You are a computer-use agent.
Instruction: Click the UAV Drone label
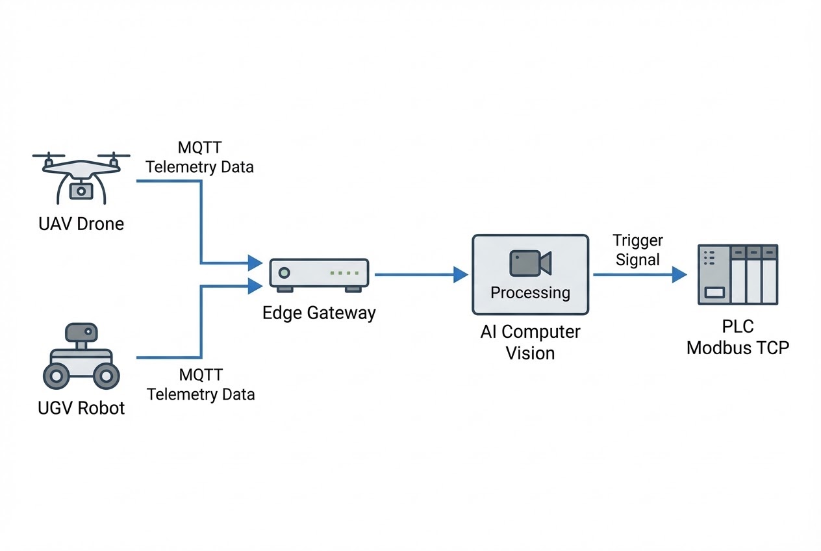81,224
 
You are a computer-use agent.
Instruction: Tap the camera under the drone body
81,190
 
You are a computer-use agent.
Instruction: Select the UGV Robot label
81,408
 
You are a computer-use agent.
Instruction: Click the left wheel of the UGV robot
56,375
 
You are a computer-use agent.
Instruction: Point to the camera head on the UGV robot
81,333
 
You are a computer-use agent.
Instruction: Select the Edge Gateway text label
319,313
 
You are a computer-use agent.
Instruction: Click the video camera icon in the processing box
530,263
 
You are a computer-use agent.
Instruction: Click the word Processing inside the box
530,292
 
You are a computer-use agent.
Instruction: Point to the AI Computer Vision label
530,342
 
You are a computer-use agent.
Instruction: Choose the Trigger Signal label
637,250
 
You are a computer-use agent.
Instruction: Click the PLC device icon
737,274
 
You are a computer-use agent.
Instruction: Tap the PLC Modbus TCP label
738,337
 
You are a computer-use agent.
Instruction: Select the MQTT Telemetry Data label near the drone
199,157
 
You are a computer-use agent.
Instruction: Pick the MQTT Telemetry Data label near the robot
200,385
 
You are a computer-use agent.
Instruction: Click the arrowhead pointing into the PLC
679,275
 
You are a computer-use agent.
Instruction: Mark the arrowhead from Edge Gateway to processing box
461,275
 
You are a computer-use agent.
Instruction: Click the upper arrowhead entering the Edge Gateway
255,263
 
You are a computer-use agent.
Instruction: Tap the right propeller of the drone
114,157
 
